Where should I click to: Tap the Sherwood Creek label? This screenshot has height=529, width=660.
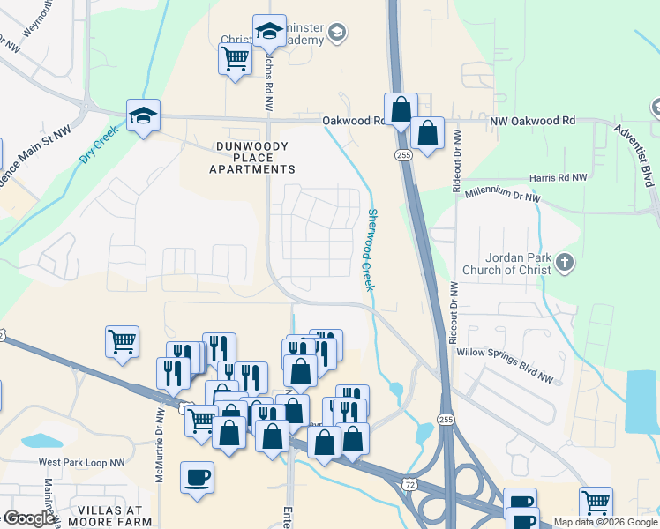[371, 250]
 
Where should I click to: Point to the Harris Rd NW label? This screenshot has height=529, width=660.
[558, 178]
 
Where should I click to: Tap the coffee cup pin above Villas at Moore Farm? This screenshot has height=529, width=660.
[197, 477]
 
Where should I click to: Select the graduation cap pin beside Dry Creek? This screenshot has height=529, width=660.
[142, 115]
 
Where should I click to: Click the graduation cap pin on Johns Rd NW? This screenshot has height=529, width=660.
[269, 32]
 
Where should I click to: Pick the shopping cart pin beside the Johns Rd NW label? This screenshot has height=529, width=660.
[235, 59]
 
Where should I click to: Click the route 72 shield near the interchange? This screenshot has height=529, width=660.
[408, 485]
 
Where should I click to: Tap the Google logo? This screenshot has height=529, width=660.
[30, 518]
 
